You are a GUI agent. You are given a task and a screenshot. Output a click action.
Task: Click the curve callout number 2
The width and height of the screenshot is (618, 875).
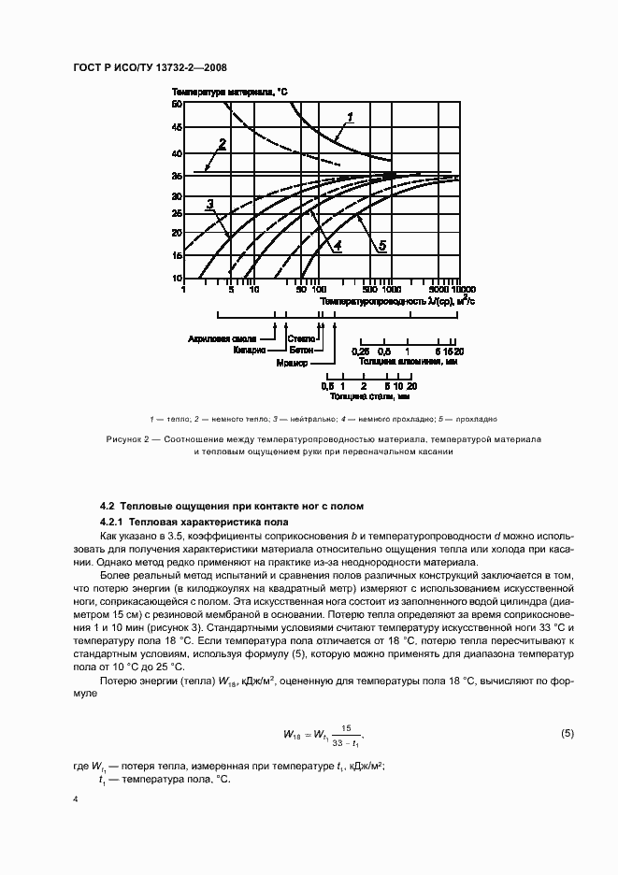tap(223, 143)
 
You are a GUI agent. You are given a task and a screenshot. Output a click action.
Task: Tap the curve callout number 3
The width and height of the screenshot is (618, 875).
tap(211, 203)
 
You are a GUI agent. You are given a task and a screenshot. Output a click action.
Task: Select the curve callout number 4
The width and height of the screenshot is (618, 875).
tap(337, 245)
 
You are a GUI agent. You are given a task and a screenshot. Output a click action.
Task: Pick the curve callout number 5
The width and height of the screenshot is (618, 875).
tap(382, 245)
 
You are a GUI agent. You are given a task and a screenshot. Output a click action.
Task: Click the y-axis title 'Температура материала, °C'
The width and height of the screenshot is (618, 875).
tap(230, 91)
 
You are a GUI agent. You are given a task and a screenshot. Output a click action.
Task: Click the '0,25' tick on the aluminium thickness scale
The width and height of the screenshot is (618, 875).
tap(359, 350)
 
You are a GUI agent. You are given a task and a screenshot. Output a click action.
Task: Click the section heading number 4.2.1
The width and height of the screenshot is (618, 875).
tap(114, 521)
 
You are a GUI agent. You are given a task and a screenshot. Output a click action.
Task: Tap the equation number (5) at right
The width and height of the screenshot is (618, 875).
tap(567, 733)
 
